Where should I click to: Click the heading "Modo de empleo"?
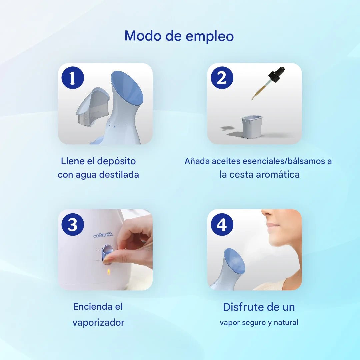coord(179,36)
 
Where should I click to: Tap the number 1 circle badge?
coord(73,78)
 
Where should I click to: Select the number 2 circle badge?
coord(222,78)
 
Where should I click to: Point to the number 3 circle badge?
coord(73,224)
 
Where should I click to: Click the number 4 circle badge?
coord(222,224)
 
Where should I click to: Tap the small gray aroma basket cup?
coord(252,127)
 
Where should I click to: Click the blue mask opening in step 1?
coord(127,88)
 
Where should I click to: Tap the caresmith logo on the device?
coord(103,235)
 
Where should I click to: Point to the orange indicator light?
coord(109,272)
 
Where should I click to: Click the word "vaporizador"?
coord(98,323)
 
